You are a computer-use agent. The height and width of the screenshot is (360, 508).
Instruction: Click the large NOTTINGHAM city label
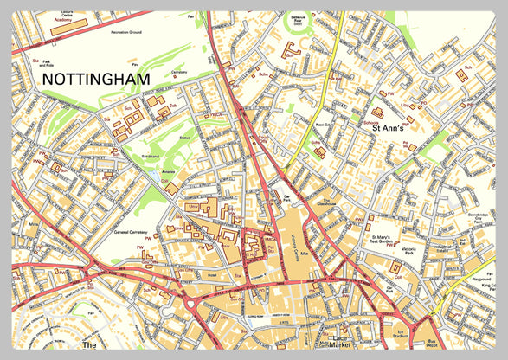95,79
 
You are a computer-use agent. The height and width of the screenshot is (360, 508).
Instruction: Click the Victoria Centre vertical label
295,247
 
